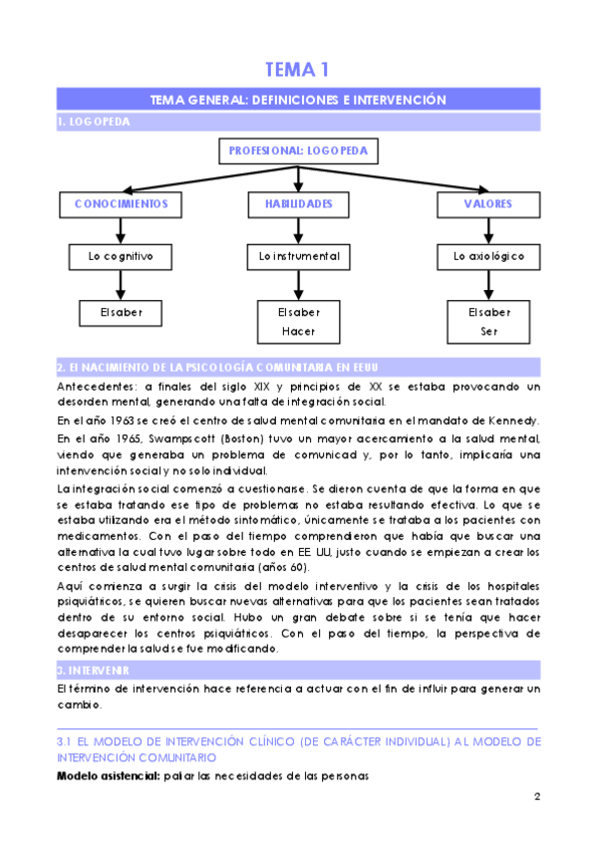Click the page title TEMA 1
click(297, 69)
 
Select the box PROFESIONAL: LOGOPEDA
click(298, 151)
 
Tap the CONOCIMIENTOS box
click(121, 204)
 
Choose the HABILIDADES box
click(298, 204)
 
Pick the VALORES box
click(488, 204)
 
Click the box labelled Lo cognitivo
click(121, 257)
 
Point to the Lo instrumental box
click(298, 257)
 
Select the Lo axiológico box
click(488, 257)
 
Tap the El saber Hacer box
click(298, 321)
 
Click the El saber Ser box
click(488, 321)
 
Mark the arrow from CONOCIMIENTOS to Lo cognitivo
click(121, 230)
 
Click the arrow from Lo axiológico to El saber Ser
click(488, 284)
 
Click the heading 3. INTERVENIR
click(95, 671)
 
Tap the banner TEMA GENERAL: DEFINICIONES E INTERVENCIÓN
click(297, 100)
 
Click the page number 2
click(536, 796)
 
